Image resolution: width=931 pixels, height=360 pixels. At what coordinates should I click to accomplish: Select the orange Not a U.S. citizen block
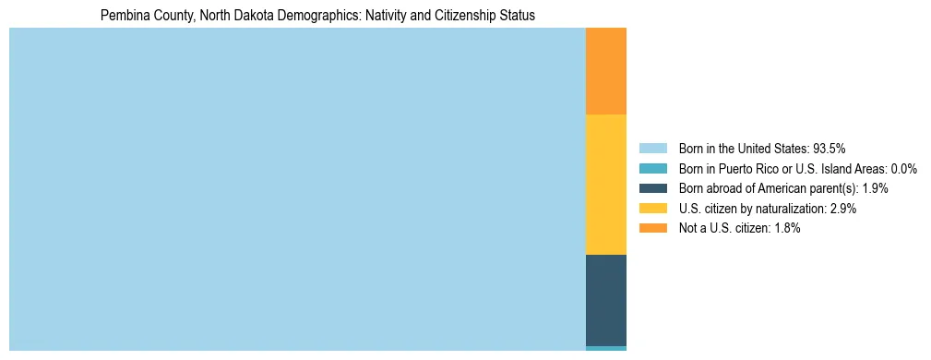(605, 71)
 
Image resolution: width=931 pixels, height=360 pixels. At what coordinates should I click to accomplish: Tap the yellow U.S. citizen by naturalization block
(605, 185)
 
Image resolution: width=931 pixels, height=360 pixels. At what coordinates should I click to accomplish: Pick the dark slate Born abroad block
(605, 300)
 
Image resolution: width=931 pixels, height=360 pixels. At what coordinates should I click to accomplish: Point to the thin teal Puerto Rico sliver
(605, 348)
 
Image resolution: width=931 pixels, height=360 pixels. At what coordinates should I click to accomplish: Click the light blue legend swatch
(652, 149)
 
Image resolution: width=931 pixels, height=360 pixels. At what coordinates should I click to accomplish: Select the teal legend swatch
(652, 169)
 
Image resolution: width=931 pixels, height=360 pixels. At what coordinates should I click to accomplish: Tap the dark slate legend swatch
(652, 188)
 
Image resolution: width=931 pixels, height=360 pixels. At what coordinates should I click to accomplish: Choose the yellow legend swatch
(652, 209)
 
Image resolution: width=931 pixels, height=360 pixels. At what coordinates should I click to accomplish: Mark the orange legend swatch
(652, 228)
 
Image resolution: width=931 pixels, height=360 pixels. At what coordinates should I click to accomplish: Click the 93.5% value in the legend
(829, 149)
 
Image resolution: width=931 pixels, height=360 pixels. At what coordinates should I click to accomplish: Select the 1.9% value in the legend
(875, 188)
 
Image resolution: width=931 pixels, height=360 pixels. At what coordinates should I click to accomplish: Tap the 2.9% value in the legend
(842, 209)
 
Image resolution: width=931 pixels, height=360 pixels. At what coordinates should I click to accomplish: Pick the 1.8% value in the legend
(786, 228)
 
